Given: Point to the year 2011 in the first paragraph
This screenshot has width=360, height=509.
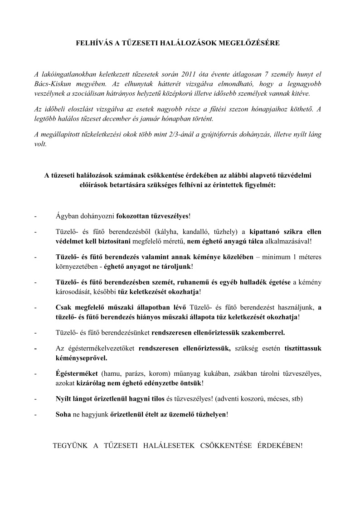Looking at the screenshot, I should tap(190, 74).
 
